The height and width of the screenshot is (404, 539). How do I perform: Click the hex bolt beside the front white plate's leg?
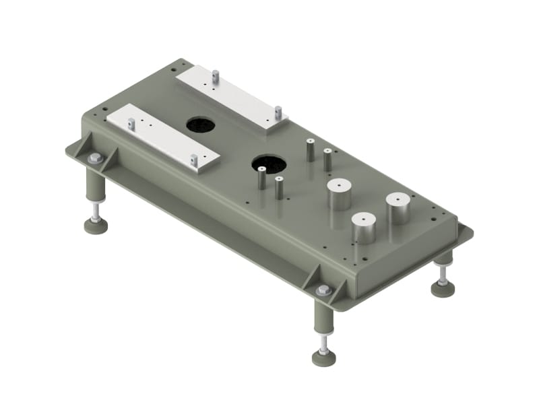click(x=95, y=159)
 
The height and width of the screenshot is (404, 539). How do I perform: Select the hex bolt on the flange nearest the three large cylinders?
click(x=323, y=290)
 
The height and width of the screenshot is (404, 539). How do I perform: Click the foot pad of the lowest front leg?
click(x=324, y=358)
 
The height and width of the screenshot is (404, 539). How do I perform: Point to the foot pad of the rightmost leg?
click(x=443, y=288)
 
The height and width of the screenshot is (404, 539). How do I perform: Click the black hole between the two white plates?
click(x=200, y=125)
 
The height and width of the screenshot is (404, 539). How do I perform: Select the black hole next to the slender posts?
click(x=268, y=164)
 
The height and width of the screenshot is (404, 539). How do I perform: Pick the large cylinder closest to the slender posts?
click(x=340, y=195)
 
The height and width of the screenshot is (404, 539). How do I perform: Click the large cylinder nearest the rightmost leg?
click(x=398, y=208)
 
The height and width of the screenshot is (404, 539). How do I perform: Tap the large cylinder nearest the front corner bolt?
click(x=363, y=228)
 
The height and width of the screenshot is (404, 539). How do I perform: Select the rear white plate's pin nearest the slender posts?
click(x=277, y=112)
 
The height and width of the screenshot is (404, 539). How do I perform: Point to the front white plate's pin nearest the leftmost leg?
click(x=131, y=124)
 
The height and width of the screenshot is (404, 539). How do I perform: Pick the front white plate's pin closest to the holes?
click(x=193, y=160)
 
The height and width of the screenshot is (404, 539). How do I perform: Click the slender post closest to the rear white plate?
click(x=310, y=149)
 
